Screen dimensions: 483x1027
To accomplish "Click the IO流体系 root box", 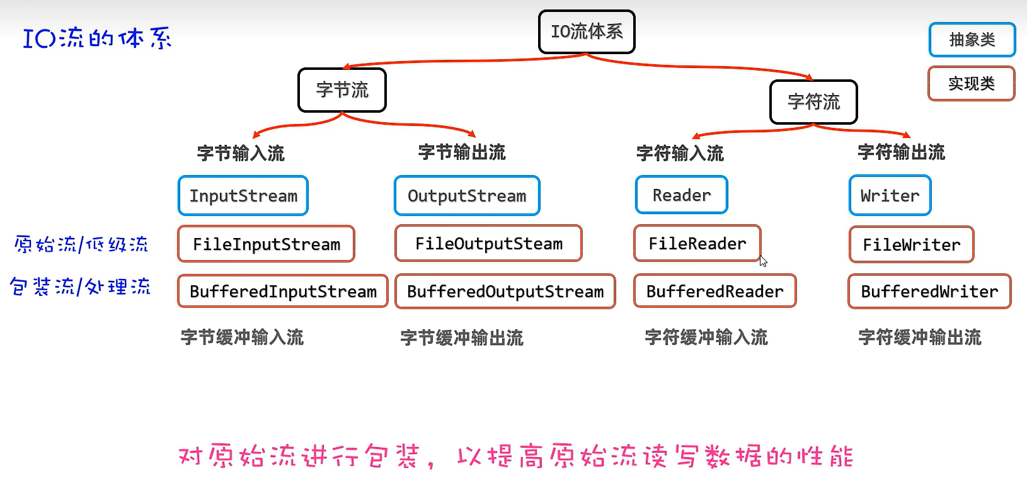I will (x=587, y=31).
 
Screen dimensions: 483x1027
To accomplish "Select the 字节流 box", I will (x=342, y=90).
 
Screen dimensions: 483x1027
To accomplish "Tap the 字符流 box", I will (x=813, y=102).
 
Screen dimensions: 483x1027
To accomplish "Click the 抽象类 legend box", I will (x=972, y=40).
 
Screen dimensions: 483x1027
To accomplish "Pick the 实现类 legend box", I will (x=971, y=84).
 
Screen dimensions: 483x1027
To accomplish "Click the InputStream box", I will (x=243, y=196).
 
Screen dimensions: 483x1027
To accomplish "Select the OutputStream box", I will (x=467, y=196).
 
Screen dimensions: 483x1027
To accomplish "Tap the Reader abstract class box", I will (x=681, y=195).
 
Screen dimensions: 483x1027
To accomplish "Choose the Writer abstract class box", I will (x=890, y=196).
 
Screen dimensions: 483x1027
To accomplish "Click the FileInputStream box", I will (x=267, y=244).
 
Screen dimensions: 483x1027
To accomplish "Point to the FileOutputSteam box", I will (x=488, y=244).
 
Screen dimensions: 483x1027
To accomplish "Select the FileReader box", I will (x=697, y=243).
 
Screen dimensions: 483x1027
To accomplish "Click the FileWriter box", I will (x=911, y=244).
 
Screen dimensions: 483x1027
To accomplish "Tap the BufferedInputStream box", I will (x=283, y=291).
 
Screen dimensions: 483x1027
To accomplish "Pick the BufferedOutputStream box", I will (x=505, y=291).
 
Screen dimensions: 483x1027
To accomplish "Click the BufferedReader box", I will (x=714, y=291).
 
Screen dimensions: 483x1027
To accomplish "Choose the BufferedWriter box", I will (x=929, y=291).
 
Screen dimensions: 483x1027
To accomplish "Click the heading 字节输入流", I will (x=241, y=153).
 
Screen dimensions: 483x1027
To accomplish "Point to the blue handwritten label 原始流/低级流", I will (x=81, y=244).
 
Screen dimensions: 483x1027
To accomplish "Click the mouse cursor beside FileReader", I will (x=763, y=261).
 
